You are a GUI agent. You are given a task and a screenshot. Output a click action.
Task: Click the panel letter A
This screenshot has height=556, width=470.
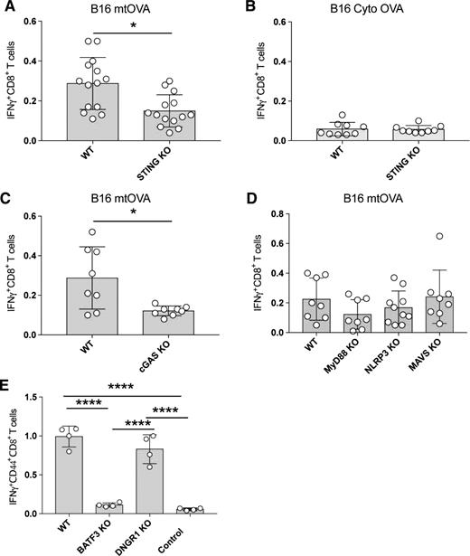pos(7,7)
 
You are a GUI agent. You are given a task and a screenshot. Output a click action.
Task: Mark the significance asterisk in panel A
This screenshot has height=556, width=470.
pos(132,27)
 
